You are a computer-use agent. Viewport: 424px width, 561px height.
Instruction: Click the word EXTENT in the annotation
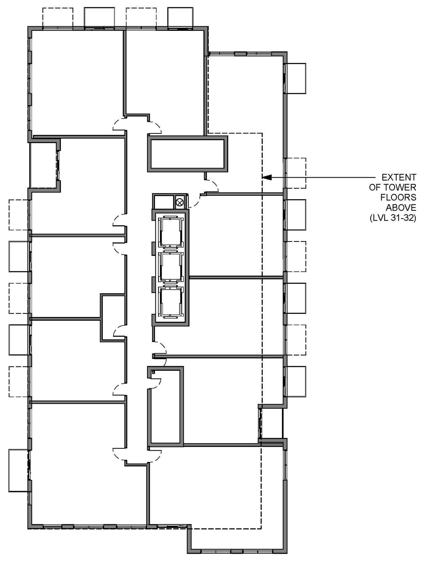click(398, 177)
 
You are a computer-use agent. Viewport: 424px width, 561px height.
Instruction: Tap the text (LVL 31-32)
click(393, 218)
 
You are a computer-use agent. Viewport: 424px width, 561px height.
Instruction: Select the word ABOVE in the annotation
click(401, 208)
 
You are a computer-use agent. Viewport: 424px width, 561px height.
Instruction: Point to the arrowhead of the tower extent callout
click(267, 178)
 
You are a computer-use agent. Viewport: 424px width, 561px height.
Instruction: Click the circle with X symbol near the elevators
click(180, 201)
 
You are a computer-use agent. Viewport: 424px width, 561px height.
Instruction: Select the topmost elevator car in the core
click(171, 232)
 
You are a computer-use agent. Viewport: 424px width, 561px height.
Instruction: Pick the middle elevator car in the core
click(171, 267)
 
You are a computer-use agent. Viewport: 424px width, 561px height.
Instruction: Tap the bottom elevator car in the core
click(171, 302)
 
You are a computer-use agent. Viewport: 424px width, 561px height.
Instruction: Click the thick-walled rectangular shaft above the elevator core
click(187, 154)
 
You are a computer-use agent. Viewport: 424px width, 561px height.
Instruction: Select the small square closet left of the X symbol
click(163, 201)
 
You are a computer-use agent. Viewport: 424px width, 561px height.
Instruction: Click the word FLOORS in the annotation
click(398, 198)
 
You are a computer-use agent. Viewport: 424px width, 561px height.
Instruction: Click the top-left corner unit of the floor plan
click(76, 83)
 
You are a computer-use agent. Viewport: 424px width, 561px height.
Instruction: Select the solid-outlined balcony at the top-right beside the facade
click(295, 79)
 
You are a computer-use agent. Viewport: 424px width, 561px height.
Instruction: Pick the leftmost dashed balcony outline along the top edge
click(58, 17)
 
